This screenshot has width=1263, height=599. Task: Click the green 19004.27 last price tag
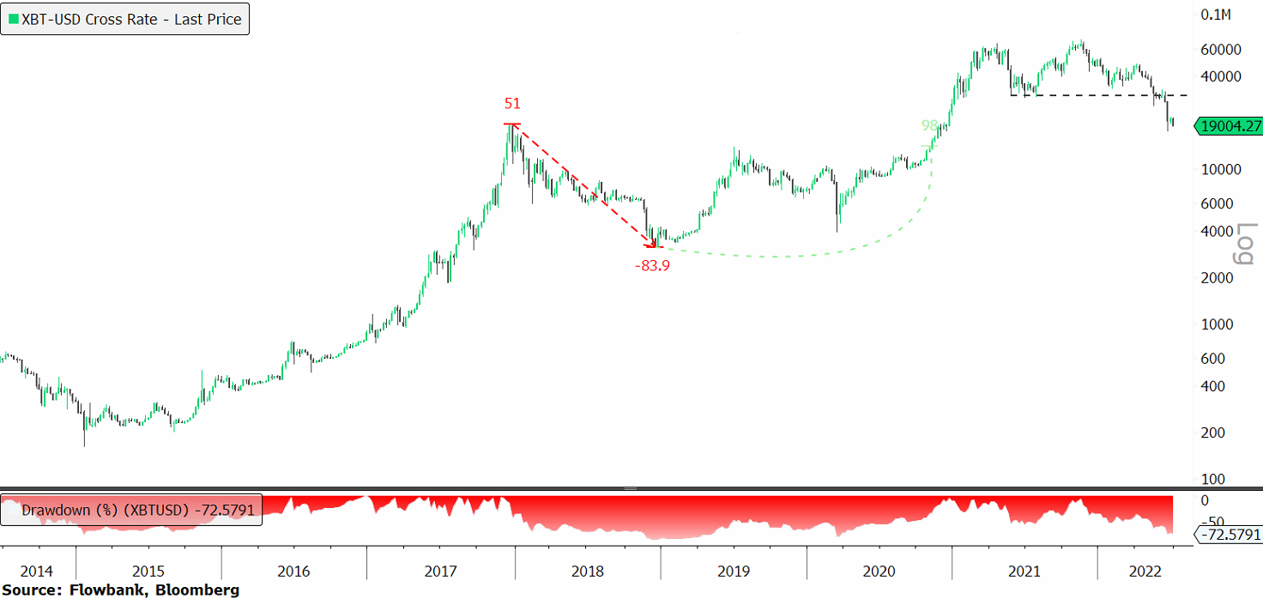coord(1229,126)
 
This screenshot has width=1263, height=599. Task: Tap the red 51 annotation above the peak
coord(512,104)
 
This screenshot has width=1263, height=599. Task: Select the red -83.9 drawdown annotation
coord(652,266)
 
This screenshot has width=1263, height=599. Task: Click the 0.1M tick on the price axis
coord(1217,15)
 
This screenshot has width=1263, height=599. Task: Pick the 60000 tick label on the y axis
coord(1221,50)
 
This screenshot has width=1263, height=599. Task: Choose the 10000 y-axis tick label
coord(1221,169)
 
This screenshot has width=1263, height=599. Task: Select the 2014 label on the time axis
coord(37,572)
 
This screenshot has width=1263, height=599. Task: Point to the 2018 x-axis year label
coord(588,572)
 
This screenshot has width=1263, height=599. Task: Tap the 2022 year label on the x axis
coord(1145,572)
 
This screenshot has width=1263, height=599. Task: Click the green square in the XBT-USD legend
coord(10,19)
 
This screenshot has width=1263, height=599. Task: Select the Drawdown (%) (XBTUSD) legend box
coord(131,510)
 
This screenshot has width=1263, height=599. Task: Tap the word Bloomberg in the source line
coord(205,590)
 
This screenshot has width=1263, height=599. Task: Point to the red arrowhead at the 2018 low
coord(656,247)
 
